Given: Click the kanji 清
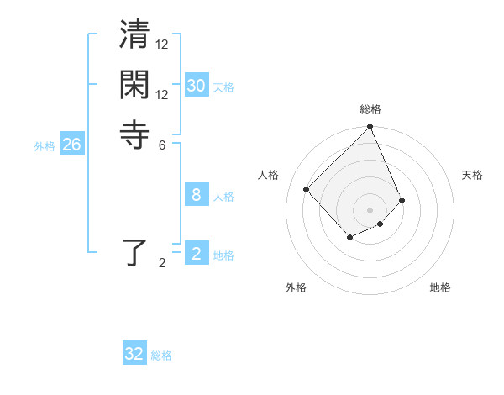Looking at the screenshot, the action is (135, 39).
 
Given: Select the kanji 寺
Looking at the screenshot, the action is (135, 134).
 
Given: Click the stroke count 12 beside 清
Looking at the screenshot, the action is (162, 45).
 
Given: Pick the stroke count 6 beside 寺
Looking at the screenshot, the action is (162, 144).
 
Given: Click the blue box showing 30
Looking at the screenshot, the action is (196, 86).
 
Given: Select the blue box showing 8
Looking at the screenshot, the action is (196, 195).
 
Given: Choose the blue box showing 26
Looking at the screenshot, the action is (71, 145).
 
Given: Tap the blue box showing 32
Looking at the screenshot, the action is (134, 354).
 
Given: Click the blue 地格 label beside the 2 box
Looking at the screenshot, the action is (223, 255).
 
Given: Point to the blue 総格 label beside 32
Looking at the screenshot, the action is (161, 355).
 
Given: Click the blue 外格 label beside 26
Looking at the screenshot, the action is (45, 146).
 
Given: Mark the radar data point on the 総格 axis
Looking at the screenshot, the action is (370, 128).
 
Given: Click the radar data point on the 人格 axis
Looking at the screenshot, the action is (307, 189).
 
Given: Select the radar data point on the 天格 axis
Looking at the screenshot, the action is (402, 200).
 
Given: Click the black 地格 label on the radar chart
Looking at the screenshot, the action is (440, 287).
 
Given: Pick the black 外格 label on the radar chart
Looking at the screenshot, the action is (296, 287).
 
